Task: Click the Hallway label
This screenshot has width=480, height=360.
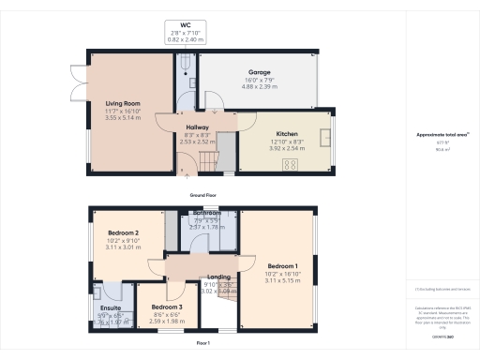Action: [x=197, y=127]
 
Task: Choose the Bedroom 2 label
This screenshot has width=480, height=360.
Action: [x=124, y=232]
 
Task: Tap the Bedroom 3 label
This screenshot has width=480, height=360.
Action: [x=167, y=307]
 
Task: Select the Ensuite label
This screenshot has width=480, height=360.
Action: [x=111, y=307]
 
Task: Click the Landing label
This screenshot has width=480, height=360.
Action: [x=219, y=277]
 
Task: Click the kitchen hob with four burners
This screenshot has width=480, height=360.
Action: [x=290, y=164]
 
